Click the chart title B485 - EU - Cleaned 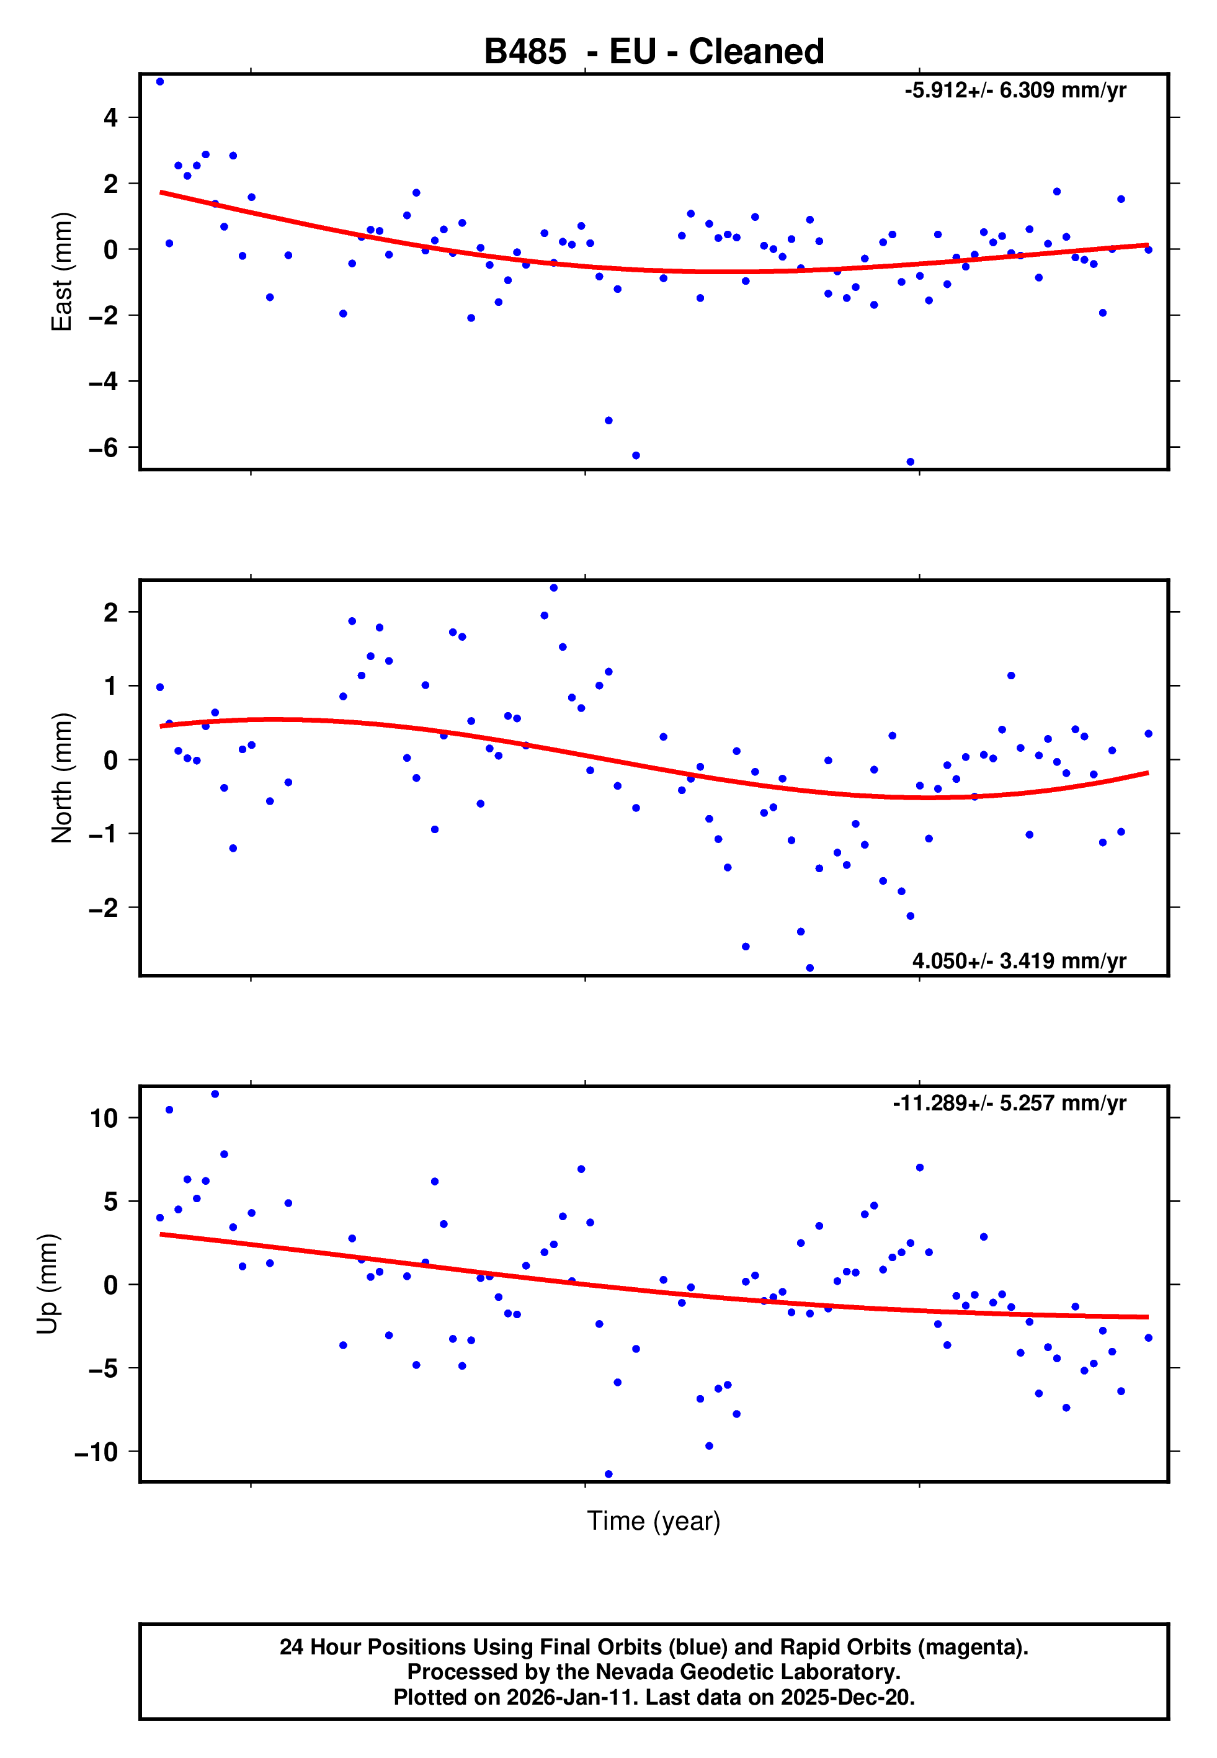[654, 52]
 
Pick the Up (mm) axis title [47, 1284]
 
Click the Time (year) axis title [654, 1521]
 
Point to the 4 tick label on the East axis [111, 117]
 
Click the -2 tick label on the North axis [103, 908]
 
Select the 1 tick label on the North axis [111, 686]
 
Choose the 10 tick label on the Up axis [104, 1118]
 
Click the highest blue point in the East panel [159, 81]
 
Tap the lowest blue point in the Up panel [608, 1475]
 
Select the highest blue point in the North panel [553, 588]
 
